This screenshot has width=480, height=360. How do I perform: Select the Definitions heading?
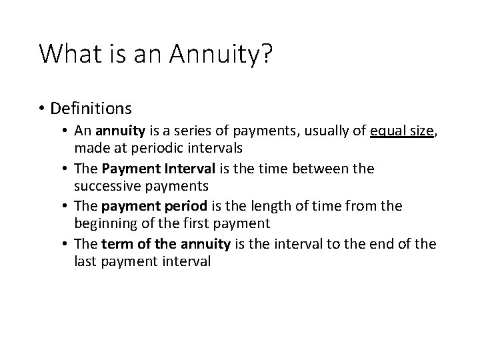click(x=91, y=107)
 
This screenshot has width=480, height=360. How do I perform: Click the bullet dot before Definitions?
click(x=42, y=108)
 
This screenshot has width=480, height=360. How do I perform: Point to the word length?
click(x=263, y=207)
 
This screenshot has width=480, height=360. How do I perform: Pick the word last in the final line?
click(x=85, y=261)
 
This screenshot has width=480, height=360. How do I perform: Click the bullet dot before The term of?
click(x=67, y=245)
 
